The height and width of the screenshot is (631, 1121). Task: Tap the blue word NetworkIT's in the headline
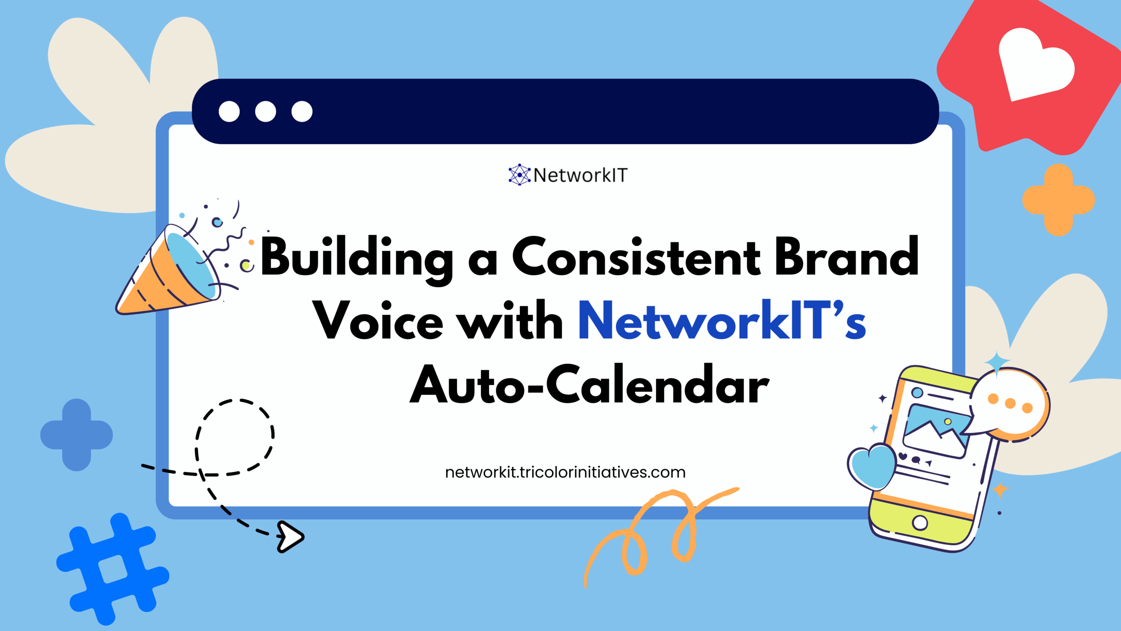(722, 321)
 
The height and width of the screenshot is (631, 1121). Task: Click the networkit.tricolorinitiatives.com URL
(565, 472)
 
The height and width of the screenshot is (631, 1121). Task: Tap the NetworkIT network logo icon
(519, 175)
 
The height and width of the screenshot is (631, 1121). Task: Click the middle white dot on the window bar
(265, 111)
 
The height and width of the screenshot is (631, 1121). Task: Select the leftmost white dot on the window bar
(229, 111)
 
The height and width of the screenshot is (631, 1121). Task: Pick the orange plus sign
(1058, 200)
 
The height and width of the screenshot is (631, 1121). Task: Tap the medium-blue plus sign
(77, 435)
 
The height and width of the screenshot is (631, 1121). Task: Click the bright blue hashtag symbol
(113, 568)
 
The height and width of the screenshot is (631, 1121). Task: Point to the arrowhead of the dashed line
(290, 536)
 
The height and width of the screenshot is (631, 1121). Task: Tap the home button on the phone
(920, 522)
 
